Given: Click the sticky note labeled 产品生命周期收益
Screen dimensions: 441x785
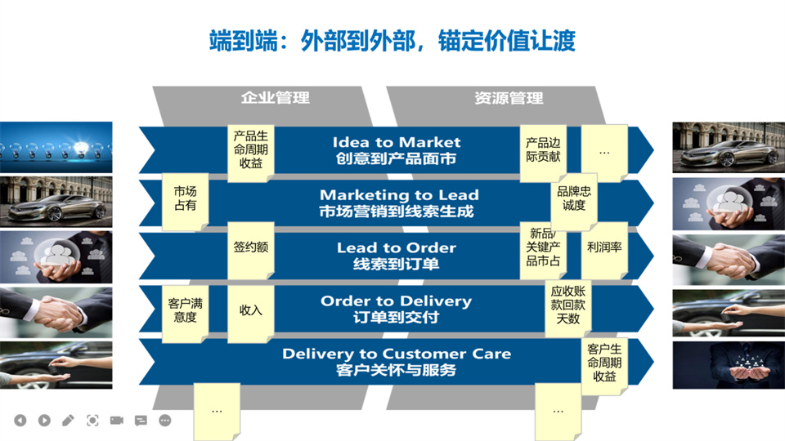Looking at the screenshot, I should pyautogui.click(x=251, y=150).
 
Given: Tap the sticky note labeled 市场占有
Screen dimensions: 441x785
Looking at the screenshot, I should pyautogui.click(x=185, y=198).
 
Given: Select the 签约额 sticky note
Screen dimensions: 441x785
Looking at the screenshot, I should pyautogui.click(x=251, y=247).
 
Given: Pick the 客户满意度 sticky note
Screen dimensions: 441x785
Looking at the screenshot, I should pyautogui.click(x=185, y=310).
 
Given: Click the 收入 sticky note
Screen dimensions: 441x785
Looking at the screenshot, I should pyautogui.click(x=251, y=311).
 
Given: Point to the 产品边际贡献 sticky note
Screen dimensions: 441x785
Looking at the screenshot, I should pyautogui.click(x=543, y=150).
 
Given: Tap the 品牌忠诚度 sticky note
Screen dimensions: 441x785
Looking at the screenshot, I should pyautogui.click(x=574, y=198).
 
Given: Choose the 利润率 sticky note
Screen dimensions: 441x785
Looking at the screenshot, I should pyautogui.click(x=604, y=247).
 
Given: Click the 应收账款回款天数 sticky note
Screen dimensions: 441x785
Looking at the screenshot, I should pyautogui.click(x=567, y=305).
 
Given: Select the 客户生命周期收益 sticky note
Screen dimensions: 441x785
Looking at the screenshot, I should pyautogui.click(x=605, y=363).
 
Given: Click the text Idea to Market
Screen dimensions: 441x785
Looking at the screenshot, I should pyautogui.click(x=397, y=142).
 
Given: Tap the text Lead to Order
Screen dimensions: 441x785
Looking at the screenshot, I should pyautogui.click(x=397, y=247).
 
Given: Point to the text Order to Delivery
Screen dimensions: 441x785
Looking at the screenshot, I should pyautogui.click(x=397, y=301).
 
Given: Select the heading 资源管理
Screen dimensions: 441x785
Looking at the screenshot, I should pyautogui.click(x=509, y=98).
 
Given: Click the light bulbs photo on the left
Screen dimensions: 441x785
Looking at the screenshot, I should pyautogui.click(x=56, y=146).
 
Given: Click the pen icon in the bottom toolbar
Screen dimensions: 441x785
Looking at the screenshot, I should pyautogui.click(x=68, y=421).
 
